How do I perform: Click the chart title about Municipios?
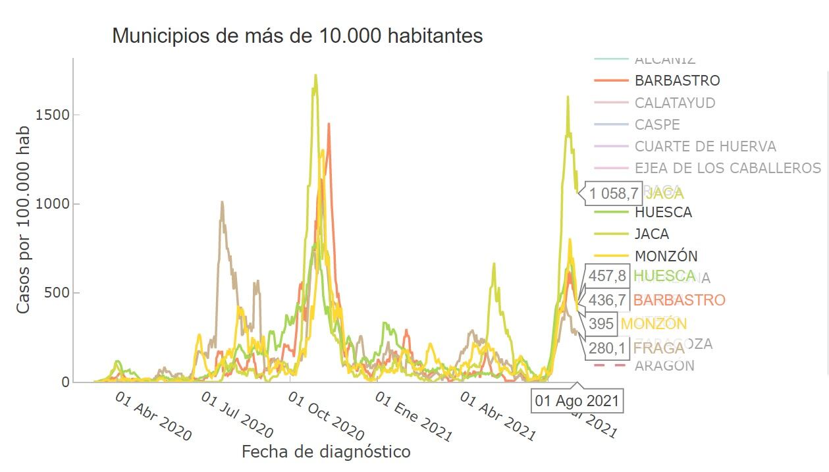[x=298, y=36]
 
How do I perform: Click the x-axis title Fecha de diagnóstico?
[x=326, y=452]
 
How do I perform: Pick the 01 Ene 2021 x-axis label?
[x=414, y=417]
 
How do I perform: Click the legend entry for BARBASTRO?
[x=677, y=81]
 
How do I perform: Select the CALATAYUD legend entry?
[x=674, y=103]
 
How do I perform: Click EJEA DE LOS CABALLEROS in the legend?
[x=728, y=168]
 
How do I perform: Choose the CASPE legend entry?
[x=657, y=124]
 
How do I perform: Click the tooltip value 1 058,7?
[x=614, y=194]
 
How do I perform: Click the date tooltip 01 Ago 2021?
[x=577, y=401]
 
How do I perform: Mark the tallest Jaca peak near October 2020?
[x=315, y=75]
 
